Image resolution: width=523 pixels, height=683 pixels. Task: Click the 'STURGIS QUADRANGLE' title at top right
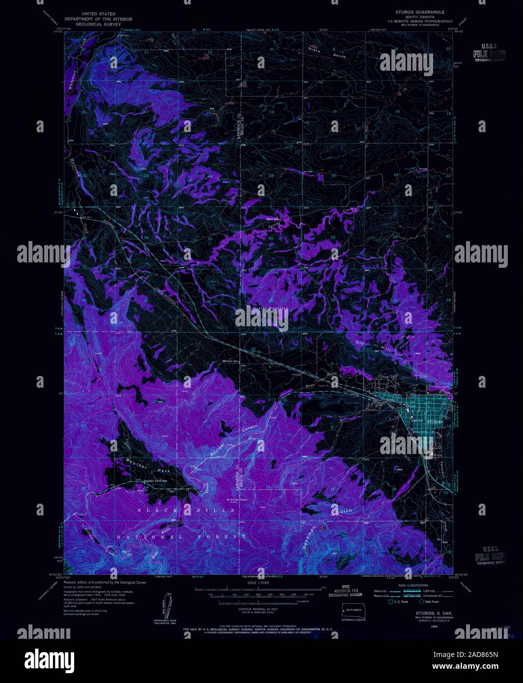(x=420, y=11)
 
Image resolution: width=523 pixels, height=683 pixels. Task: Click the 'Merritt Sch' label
(x=228, y=361)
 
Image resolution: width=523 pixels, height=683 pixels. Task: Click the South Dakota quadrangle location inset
(x=353, y=611)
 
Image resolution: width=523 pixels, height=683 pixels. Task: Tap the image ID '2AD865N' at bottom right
(x=475, y=655)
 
